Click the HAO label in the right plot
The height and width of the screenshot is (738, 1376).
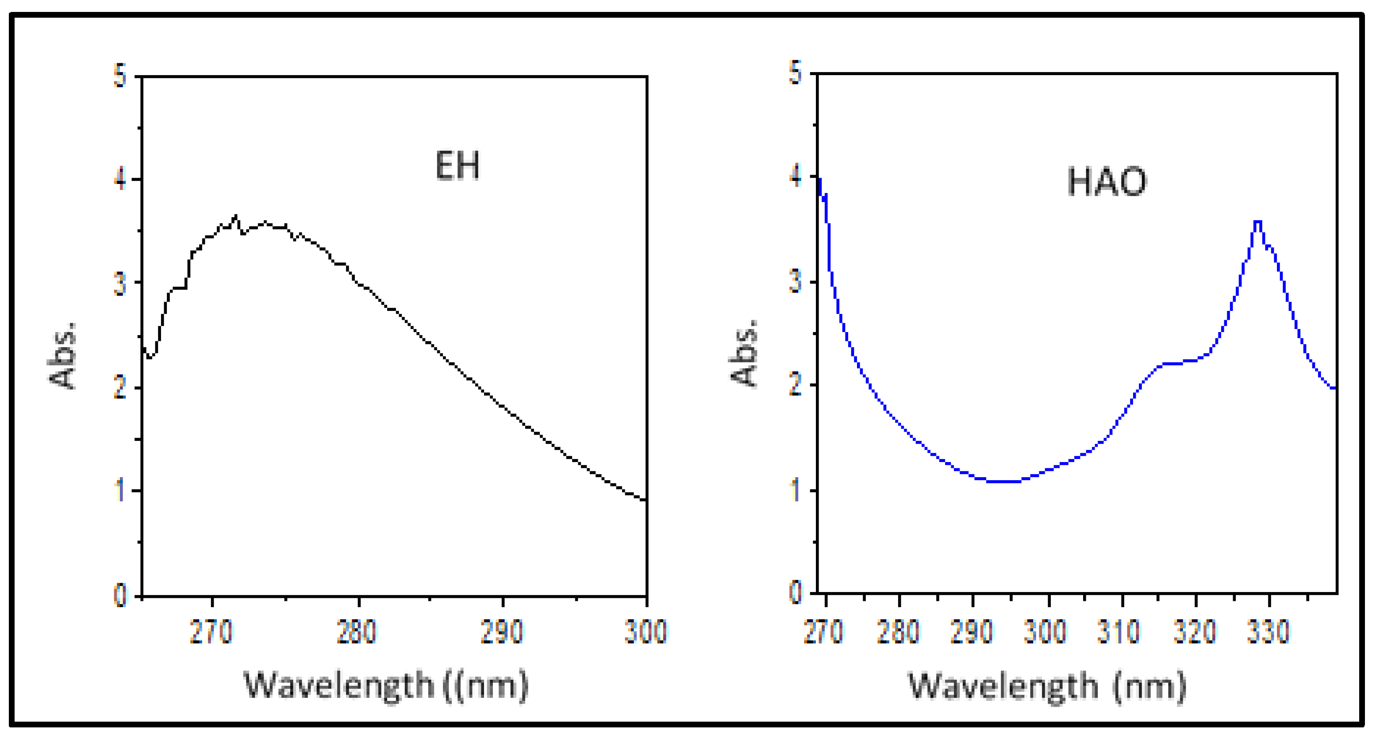(1107, 182)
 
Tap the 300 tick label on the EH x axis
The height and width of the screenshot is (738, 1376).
(646, 632)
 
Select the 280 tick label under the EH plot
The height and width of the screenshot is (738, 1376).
(356, 632)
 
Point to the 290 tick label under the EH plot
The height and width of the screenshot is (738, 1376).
(502, 632)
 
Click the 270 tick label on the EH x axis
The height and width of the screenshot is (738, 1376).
(211, 632)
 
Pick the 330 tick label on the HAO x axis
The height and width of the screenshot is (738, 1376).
(1268, 632)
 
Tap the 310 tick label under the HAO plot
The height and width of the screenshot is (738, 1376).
(1118, 632)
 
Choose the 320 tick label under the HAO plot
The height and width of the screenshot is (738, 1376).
(1195, 632)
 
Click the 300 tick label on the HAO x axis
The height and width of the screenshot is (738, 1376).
(1045, 632)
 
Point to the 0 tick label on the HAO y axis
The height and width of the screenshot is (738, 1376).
(796, 593)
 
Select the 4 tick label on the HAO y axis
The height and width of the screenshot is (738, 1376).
(796, 177)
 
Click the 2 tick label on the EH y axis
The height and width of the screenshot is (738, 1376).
(120, 387)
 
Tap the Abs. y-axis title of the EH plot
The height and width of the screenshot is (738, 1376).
(62, 355)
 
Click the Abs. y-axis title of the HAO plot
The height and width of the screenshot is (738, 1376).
(744, 352)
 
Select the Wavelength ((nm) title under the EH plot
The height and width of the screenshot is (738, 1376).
(386, 685)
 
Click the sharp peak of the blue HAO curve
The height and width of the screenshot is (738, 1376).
(1257, 222)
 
